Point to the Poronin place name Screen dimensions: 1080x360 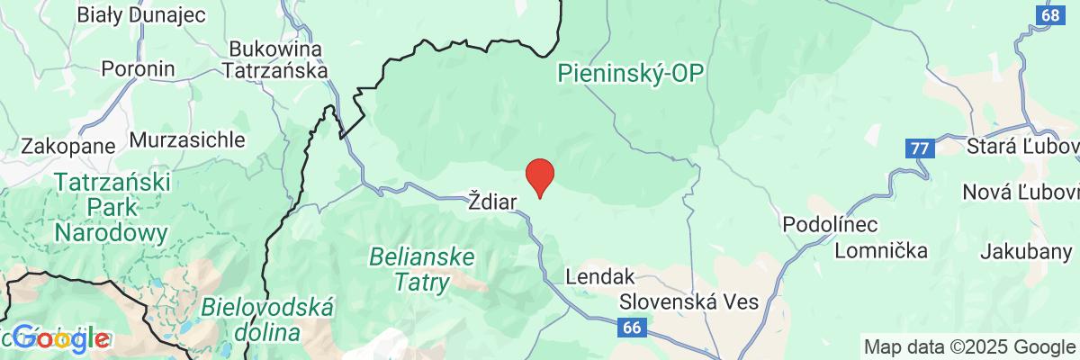[x=138, y=68]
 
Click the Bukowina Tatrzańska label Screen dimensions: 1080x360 [x=277, y=58]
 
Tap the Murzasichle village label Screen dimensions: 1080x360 [x=188, y=140]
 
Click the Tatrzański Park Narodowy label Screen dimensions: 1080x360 [x=112, y=208]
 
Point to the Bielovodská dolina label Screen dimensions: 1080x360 [x=268, y=319]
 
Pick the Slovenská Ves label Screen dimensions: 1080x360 [x=688, y=301]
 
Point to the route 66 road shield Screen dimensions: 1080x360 [x=634, y=329]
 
